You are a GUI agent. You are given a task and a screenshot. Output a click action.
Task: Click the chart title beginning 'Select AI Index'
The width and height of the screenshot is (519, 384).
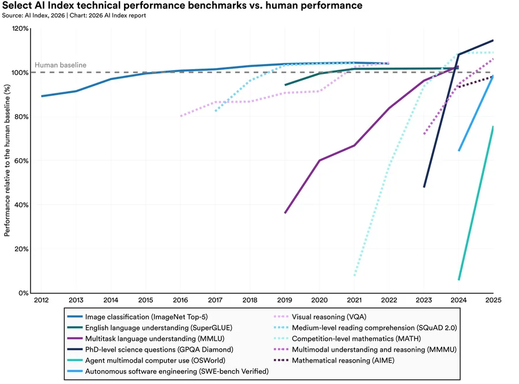(x=182, y=6)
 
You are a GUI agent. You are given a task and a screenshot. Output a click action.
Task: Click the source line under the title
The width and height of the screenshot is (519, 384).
(x=74, y=16)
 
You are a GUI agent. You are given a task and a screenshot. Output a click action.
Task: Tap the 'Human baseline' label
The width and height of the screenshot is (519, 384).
(x=61, y=65)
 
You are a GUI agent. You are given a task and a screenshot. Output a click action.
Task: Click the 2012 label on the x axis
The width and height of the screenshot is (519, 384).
(x=41, y=301)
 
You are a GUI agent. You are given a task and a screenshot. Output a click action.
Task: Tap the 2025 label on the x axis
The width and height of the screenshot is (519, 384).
(x=494, y=301)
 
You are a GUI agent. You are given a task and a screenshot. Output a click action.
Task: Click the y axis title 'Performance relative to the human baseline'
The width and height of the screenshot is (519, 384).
(x=7, y=161)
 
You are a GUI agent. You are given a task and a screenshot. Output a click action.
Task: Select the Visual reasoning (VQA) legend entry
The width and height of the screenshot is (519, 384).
(x=329, y=317)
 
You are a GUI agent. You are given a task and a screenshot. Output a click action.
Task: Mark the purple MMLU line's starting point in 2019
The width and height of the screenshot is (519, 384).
(x=285, y=213)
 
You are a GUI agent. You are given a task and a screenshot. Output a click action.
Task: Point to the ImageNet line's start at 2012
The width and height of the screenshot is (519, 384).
(x=42, y=96)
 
